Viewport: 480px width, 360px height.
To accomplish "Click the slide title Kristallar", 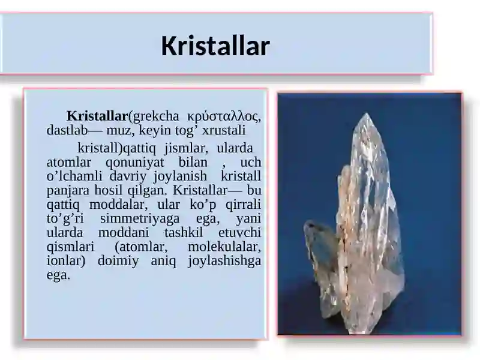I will [215, 46].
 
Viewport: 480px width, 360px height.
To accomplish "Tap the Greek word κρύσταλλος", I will [224, 116].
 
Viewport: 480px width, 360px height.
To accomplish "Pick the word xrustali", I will [224, 130].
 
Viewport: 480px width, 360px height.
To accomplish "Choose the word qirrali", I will [241, 205].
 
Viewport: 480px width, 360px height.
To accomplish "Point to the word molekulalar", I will [224, 247].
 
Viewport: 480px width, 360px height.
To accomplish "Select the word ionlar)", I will [67, 262].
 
